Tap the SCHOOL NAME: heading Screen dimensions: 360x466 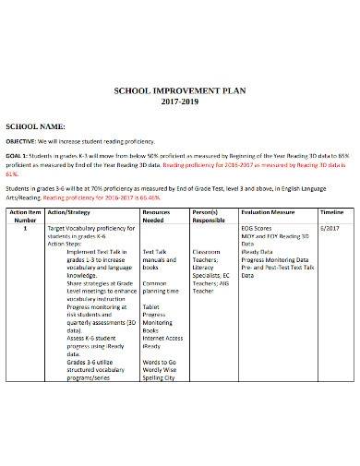[36, 125]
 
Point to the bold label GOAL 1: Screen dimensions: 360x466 [21, 158]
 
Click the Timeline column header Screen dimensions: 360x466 [330, 238]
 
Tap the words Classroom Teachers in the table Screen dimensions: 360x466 [207, 281]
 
